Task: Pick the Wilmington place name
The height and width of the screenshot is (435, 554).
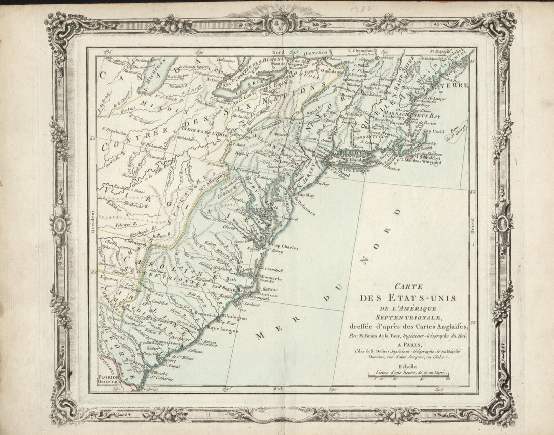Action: (x=233, y=318)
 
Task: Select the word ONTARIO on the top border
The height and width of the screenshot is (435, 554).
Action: (x=315, y=52)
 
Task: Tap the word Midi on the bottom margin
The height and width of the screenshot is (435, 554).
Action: (x=278, y=389)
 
